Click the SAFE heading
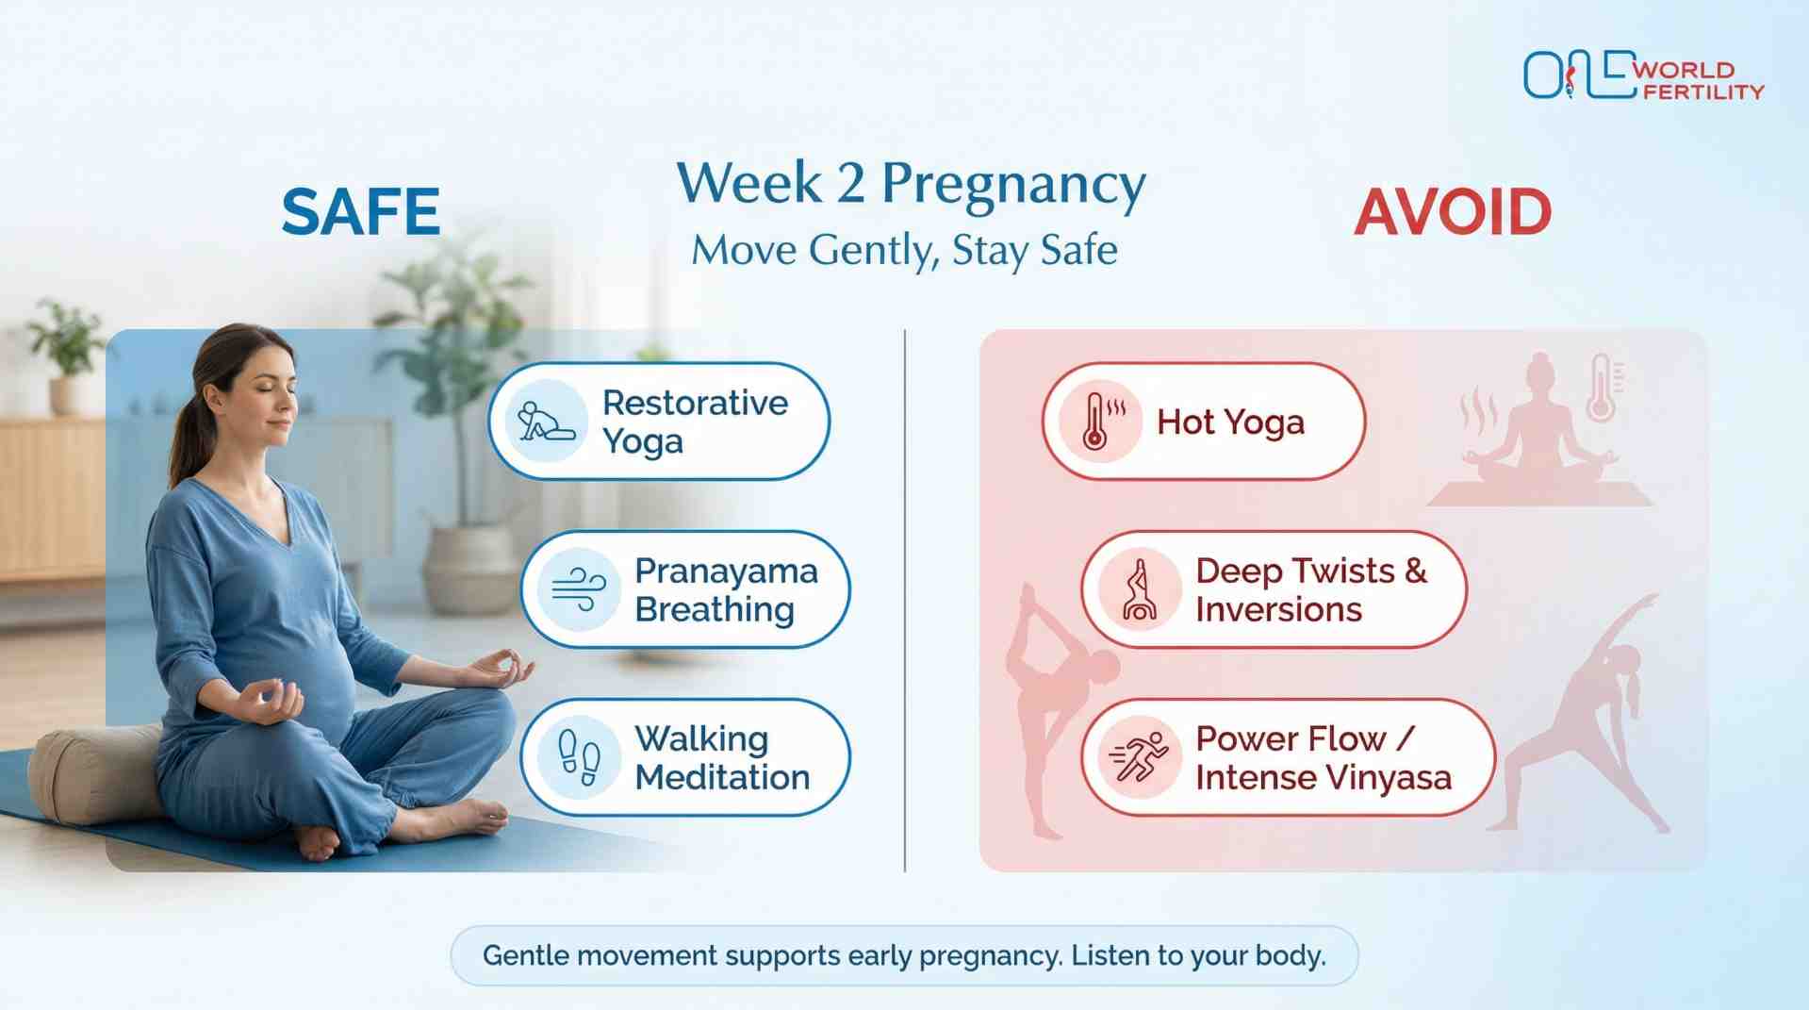point(360,211)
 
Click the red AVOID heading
point(1452,212)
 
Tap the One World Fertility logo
point(1642,75)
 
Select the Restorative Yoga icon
point(547,421)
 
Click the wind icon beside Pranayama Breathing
point(579,589)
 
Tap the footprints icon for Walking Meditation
point(579,757)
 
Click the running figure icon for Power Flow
point(1139,757)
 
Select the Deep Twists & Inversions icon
point(1139,589)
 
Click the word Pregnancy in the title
point(1013,183)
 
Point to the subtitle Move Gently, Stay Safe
point(904,251)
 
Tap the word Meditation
point(722,778)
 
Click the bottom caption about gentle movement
point(904,955)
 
